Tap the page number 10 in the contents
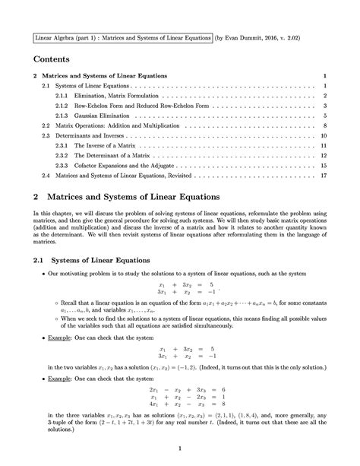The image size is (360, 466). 324,135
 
